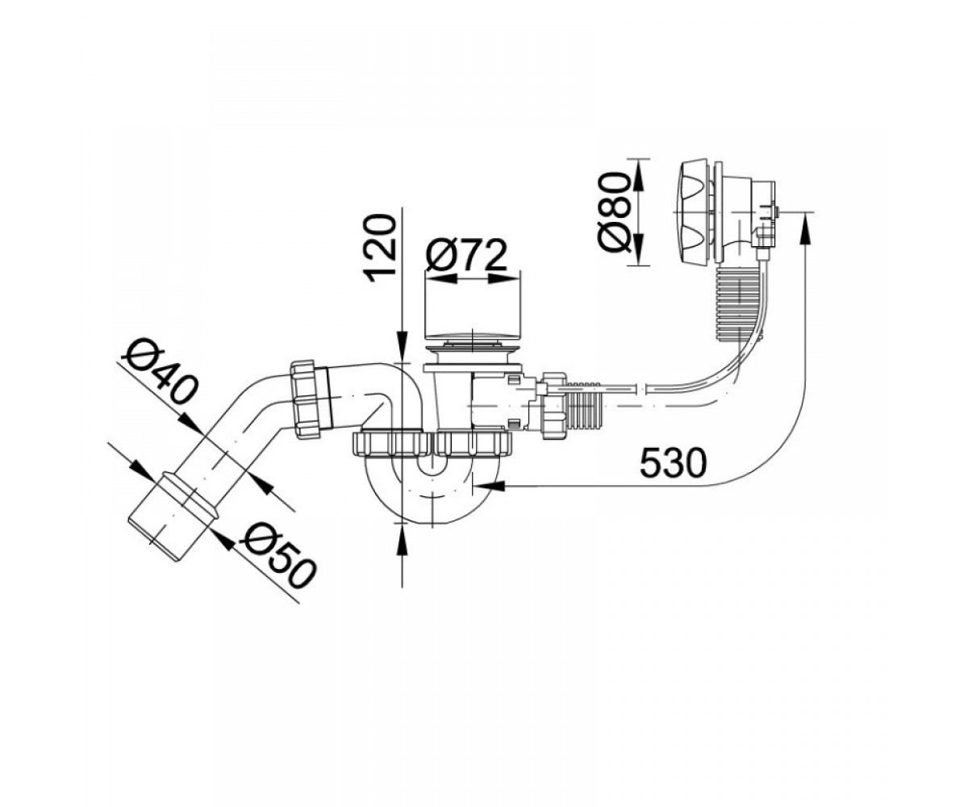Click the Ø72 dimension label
coord(465,256)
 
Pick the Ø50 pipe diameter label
coord(277,557)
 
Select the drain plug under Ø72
coord(472,341)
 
